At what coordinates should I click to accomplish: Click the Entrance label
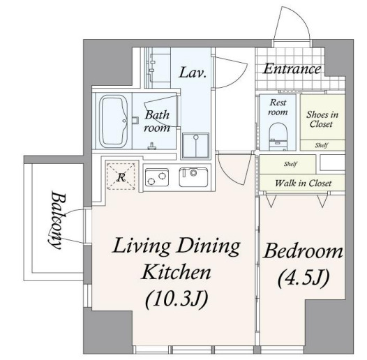(292, 69)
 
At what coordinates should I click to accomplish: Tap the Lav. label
(193, 73)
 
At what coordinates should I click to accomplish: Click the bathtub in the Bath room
(114, 121)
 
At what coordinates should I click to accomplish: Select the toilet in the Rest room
(278, 137)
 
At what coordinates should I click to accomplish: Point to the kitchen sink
(193, 177)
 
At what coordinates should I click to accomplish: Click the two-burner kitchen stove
(157, 177)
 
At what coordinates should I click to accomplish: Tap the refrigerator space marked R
(121, 177)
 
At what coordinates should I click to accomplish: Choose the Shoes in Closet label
(322, 119)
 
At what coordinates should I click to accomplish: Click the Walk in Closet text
(304, 183)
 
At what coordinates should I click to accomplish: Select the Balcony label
(57, 220)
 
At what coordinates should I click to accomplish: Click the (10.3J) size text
(177, 300)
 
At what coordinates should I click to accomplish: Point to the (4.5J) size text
(304, 278)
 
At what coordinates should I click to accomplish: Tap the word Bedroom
(303, 252)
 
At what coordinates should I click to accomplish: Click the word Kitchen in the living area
(176, 272)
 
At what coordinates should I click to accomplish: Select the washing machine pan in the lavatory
(195, 145)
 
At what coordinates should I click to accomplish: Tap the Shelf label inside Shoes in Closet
(322, 145)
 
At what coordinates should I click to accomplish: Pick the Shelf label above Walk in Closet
(290, 164)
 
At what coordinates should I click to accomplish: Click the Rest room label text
(278, 107)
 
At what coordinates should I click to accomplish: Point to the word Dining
(208, 246)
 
